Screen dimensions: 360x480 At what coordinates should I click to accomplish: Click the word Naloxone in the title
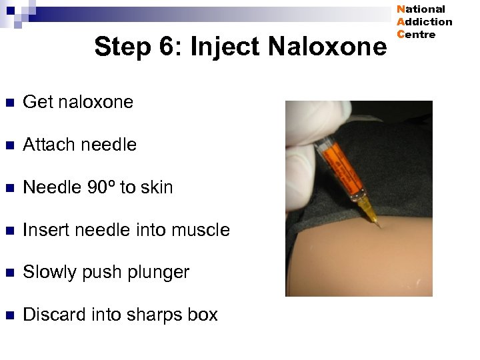[327, 47]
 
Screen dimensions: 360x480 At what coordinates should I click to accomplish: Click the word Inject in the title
[225, 47]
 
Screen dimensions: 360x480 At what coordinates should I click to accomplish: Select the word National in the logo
[421, 9]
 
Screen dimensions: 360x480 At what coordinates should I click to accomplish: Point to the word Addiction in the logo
[425, 22]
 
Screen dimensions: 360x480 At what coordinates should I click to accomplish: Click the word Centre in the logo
[416, 35]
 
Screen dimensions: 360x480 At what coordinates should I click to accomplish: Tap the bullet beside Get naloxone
[8, 103]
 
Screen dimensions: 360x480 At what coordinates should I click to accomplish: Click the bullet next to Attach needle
[8, 145]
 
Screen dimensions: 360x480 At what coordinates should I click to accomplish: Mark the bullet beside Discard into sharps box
[8, 315]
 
